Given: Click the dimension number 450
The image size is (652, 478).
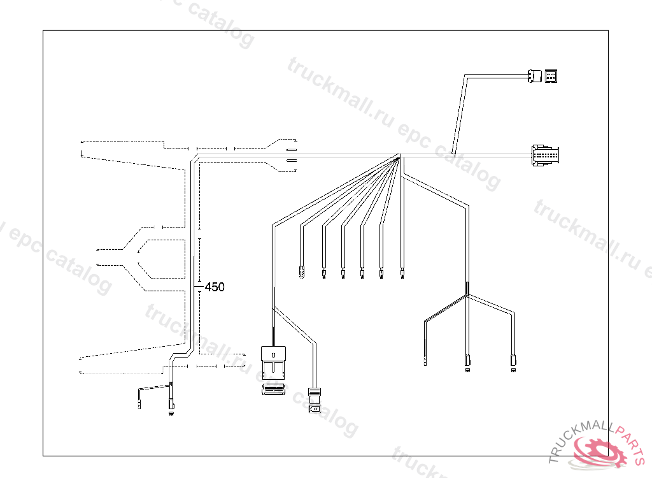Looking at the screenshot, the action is [215, 287].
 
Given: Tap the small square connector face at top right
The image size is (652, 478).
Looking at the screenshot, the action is [551, 76].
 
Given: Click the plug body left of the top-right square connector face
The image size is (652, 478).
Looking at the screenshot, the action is [534, 76].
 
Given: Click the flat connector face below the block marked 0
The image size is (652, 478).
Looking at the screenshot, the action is [274, 389].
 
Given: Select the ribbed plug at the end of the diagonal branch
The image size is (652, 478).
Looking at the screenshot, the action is [314, 400].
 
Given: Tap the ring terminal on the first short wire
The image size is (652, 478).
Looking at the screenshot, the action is [301, 275].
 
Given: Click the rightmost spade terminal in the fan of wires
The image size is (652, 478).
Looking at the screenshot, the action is [402, 275].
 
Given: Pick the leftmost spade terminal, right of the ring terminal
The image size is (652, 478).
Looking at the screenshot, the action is [324, 275].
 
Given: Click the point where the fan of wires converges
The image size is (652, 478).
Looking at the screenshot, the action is [399, 156].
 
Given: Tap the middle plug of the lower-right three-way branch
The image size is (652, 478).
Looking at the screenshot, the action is [468, 363].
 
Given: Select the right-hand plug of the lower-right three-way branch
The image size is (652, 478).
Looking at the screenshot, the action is [513, 363].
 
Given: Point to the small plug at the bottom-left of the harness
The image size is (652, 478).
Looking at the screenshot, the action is [171, 405].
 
